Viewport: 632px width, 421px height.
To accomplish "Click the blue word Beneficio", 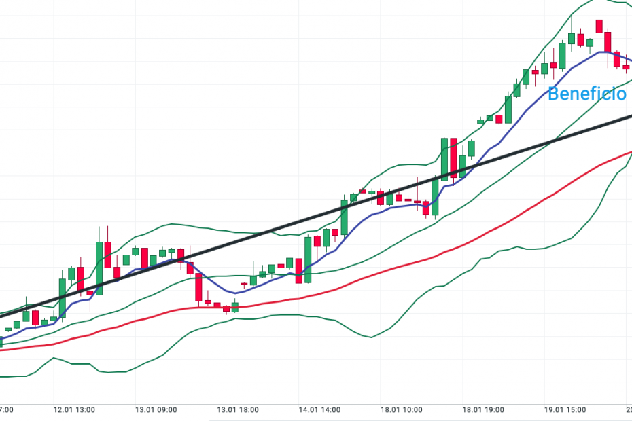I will point(586,94).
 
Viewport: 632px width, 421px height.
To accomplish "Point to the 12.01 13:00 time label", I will point(75,410).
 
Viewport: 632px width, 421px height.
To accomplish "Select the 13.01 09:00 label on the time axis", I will point(156,410).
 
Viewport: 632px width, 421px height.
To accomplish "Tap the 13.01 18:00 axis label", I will point(238,410).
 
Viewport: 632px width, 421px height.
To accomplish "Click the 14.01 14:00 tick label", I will point(320,410).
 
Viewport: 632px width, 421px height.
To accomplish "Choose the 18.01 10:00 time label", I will point(402,410).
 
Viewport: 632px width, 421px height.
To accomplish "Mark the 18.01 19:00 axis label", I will point(483,410).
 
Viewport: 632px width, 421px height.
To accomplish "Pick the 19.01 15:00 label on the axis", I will point(565,410).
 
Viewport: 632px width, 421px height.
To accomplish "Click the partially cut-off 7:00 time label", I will point(7,410).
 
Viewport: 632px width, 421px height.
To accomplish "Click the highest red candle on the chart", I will point(599,26).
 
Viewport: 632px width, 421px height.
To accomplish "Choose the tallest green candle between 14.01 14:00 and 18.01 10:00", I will point(345,217).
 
